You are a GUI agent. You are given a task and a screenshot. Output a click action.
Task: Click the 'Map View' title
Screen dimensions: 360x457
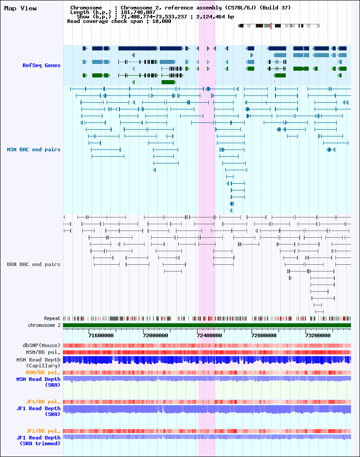[20, 8]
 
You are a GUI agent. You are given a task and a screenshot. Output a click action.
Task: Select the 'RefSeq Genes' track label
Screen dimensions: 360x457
[41, 65]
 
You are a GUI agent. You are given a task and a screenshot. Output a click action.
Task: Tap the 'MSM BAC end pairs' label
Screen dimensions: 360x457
[33, 149]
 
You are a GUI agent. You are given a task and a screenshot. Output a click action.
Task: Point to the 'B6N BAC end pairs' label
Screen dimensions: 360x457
[33, 264]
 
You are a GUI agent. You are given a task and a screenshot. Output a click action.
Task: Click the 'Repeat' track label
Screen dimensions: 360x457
[52, 318]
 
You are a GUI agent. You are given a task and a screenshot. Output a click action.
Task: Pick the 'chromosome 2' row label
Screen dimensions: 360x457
[44, 325]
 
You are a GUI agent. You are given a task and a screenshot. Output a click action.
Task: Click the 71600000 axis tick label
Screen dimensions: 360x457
[101, 335]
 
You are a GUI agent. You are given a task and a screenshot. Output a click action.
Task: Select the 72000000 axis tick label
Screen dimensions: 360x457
[156, 335]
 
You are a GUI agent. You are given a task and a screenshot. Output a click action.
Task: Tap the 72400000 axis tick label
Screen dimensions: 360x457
[210, 335]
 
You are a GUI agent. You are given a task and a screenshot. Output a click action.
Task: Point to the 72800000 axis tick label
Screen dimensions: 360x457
[264, 335]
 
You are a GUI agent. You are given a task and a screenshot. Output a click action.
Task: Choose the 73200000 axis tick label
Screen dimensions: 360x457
[318, 335]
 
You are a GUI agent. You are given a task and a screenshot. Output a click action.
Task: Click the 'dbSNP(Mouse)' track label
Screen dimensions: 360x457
[41, 345]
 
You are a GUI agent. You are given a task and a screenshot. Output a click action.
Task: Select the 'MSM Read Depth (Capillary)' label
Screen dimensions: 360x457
[38, 362]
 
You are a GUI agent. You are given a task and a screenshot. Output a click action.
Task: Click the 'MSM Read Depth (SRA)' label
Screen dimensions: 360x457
[38, 382]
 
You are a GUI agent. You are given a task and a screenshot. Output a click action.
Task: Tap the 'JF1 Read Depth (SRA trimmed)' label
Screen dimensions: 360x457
[38, 440]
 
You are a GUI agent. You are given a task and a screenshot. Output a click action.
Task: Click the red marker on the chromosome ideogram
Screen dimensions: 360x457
[271, 26]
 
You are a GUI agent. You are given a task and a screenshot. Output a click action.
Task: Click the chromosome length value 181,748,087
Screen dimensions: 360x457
[138, 12]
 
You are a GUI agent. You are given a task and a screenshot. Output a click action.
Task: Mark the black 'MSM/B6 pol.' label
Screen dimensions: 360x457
[43, 352]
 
